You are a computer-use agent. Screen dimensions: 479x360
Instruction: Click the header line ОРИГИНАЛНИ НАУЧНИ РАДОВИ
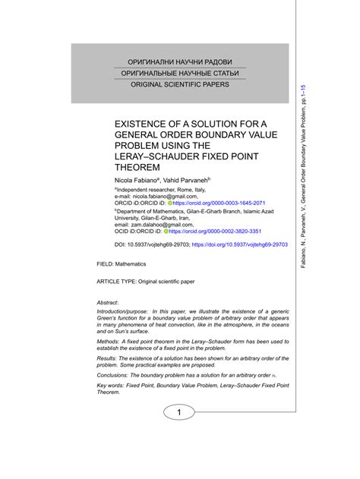point(179,61)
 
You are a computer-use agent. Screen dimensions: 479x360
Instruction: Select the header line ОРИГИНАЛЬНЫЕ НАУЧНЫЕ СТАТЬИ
point(179,73)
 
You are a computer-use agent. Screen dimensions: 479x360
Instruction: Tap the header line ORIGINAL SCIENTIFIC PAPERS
point(179,84)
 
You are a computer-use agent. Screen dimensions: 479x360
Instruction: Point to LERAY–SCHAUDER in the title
point(158,156)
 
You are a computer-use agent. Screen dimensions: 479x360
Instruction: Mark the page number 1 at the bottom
point(179,412)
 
